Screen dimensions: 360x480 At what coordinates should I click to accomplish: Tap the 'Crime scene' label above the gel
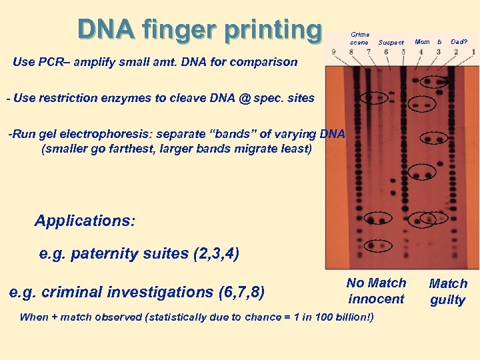360,39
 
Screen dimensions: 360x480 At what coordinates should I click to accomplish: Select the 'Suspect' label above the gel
391,43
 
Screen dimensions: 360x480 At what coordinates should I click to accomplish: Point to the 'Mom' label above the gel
422,42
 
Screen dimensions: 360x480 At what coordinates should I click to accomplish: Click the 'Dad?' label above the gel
459,42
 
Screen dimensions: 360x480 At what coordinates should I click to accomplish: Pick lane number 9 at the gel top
333,52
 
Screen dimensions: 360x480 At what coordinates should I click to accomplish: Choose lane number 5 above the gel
403,52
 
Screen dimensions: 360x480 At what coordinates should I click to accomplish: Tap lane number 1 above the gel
473,52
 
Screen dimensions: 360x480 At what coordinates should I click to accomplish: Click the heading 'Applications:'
85,221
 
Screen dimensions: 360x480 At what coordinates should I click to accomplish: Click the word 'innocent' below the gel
376,299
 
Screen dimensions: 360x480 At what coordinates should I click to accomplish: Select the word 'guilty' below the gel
447,300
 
